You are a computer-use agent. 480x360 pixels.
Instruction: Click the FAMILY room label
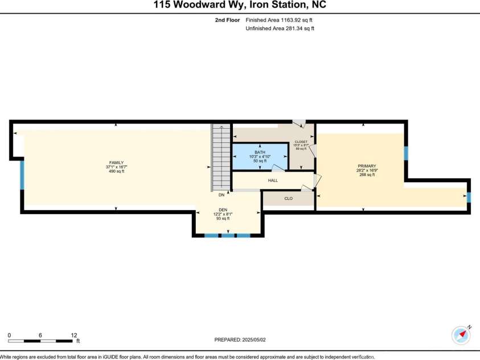(116, 162)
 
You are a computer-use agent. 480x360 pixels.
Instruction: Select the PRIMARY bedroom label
(367, 166)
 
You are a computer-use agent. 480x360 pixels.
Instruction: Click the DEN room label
(223, 210)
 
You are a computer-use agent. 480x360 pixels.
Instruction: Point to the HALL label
(273, 181)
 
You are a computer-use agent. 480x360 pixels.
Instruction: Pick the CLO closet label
(289, 199)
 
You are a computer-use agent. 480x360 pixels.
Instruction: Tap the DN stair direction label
(221, 195)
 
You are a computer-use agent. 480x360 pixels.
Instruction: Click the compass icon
(461, 335)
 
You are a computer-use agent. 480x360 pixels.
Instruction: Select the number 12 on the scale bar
(73, 334)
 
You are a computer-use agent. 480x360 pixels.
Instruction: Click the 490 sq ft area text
(116, 171)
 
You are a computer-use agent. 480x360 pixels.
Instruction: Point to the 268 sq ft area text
(367, 175)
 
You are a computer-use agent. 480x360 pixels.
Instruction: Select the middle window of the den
(228, 235)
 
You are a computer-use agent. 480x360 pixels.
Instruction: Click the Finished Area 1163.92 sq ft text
(280, 20)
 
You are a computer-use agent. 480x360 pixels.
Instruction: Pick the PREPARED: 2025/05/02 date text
(240, 340)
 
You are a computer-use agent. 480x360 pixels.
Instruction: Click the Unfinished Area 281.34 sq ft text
(280, 28)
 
